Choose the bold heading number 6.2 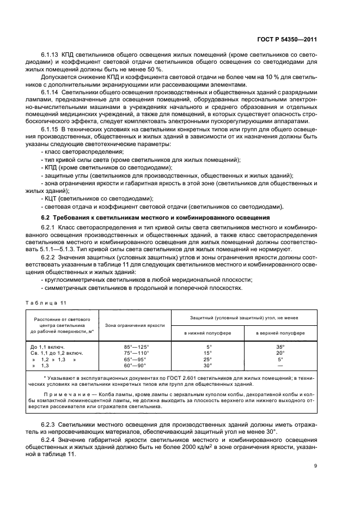point(46,217)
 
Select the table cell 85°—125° point(136,347)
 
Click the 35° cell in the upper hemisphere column point(280,347)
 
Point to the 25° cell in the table point(208,360)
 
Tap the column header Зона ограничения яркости point(136,325)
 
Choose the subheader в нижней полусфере point(208,332)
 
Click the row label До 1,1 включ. point(48,347)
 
